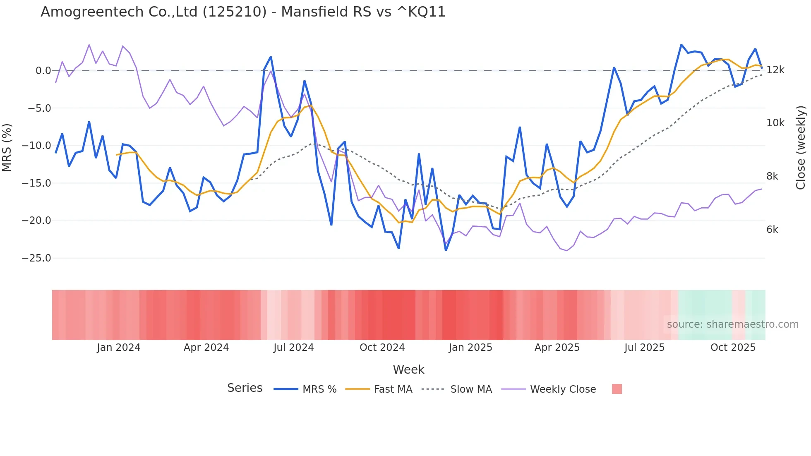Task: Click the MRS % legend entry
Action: click(x=319, y=389)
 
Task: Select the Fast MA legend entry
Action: click(x=393, y=389)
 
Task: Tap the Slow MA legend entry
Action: click(x=471, y=389)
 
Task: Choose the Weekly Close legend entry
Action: click(x=563, y=389)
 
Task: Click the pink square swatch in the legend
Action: click(x=617, y=389)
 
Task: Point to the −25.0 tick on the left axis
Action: click(x=36, y=258)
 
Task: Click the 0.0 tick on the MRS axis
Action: click(x=43, y=71)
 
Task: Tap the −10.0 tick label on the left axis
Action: click(x=36, y=146)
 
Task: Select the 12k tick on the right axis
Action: click(x=775, y=70)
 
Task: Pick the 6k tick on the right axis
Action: click(x=772, y=230)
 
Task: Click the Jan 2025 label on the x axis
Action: click(x=470, y=348)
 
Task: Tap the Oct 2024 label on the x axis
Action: click(x=382, y=348)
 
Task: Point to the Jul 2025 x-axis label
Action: click(x=644, y=348)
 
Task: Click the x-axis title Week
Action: click(x=408, y=370)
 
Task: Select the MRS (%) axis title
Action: click(x=7, y=147)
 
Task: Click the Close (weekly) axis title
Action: click(x=801, y=147)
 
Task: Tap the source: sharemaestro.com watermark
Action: click(x=732, y=324)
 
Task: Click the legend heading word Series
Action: click(x=245, y=388)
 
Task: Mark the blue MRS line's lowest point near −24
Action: click(x=446, y=250)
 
